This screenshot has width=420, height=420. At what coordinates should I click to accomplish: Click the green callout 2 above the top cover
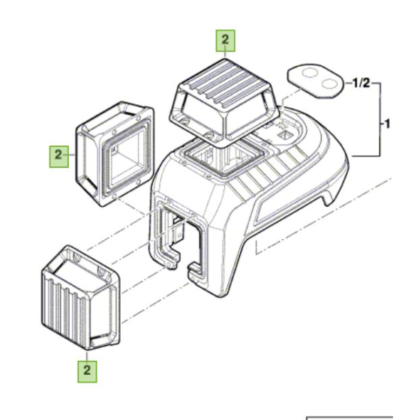[226, 40]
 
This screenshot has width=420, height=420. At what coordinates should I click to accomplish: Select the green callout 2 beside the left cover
[58, 157]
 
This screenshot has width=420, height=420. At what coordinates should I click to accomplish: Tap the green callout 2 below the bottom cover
[87, 371]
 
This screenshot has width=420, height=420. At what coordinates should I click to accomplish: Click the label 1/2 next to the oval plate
[361, 83]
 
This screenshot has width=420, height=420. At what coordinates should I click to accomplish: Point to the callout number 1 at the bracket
[387, 124]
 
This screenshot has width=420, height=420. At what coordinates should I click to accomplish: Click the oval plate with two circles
[315, 81]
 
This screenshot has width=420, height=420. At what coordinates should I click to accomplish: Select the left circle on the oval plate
[310, 73]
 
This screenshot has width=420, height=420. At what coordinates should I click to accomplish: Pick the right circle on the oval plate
[329, 83]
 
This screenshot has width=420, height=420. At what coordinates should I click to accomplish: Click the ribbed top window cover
[224, 100]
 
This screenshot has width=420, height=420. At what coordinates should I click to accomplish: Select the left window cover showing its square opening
[114, 154]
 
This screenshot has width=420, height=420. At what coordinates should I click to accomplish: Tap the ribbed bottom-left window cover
[81, 297]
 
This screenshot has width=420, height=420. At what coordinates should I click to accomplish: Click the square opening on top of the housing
[224, 159]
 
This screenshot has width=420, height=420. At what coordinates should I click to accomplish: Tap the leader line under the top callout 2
[226, 55]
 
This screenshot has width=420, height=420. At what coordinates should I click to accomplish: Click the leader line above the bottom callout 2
[87, 355]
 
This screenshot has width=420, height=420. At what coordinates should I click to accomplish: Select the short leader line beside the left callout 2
[72, 155]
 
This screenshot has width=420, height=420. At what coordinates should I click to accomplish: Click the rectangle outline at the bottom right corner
[349, 417]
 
